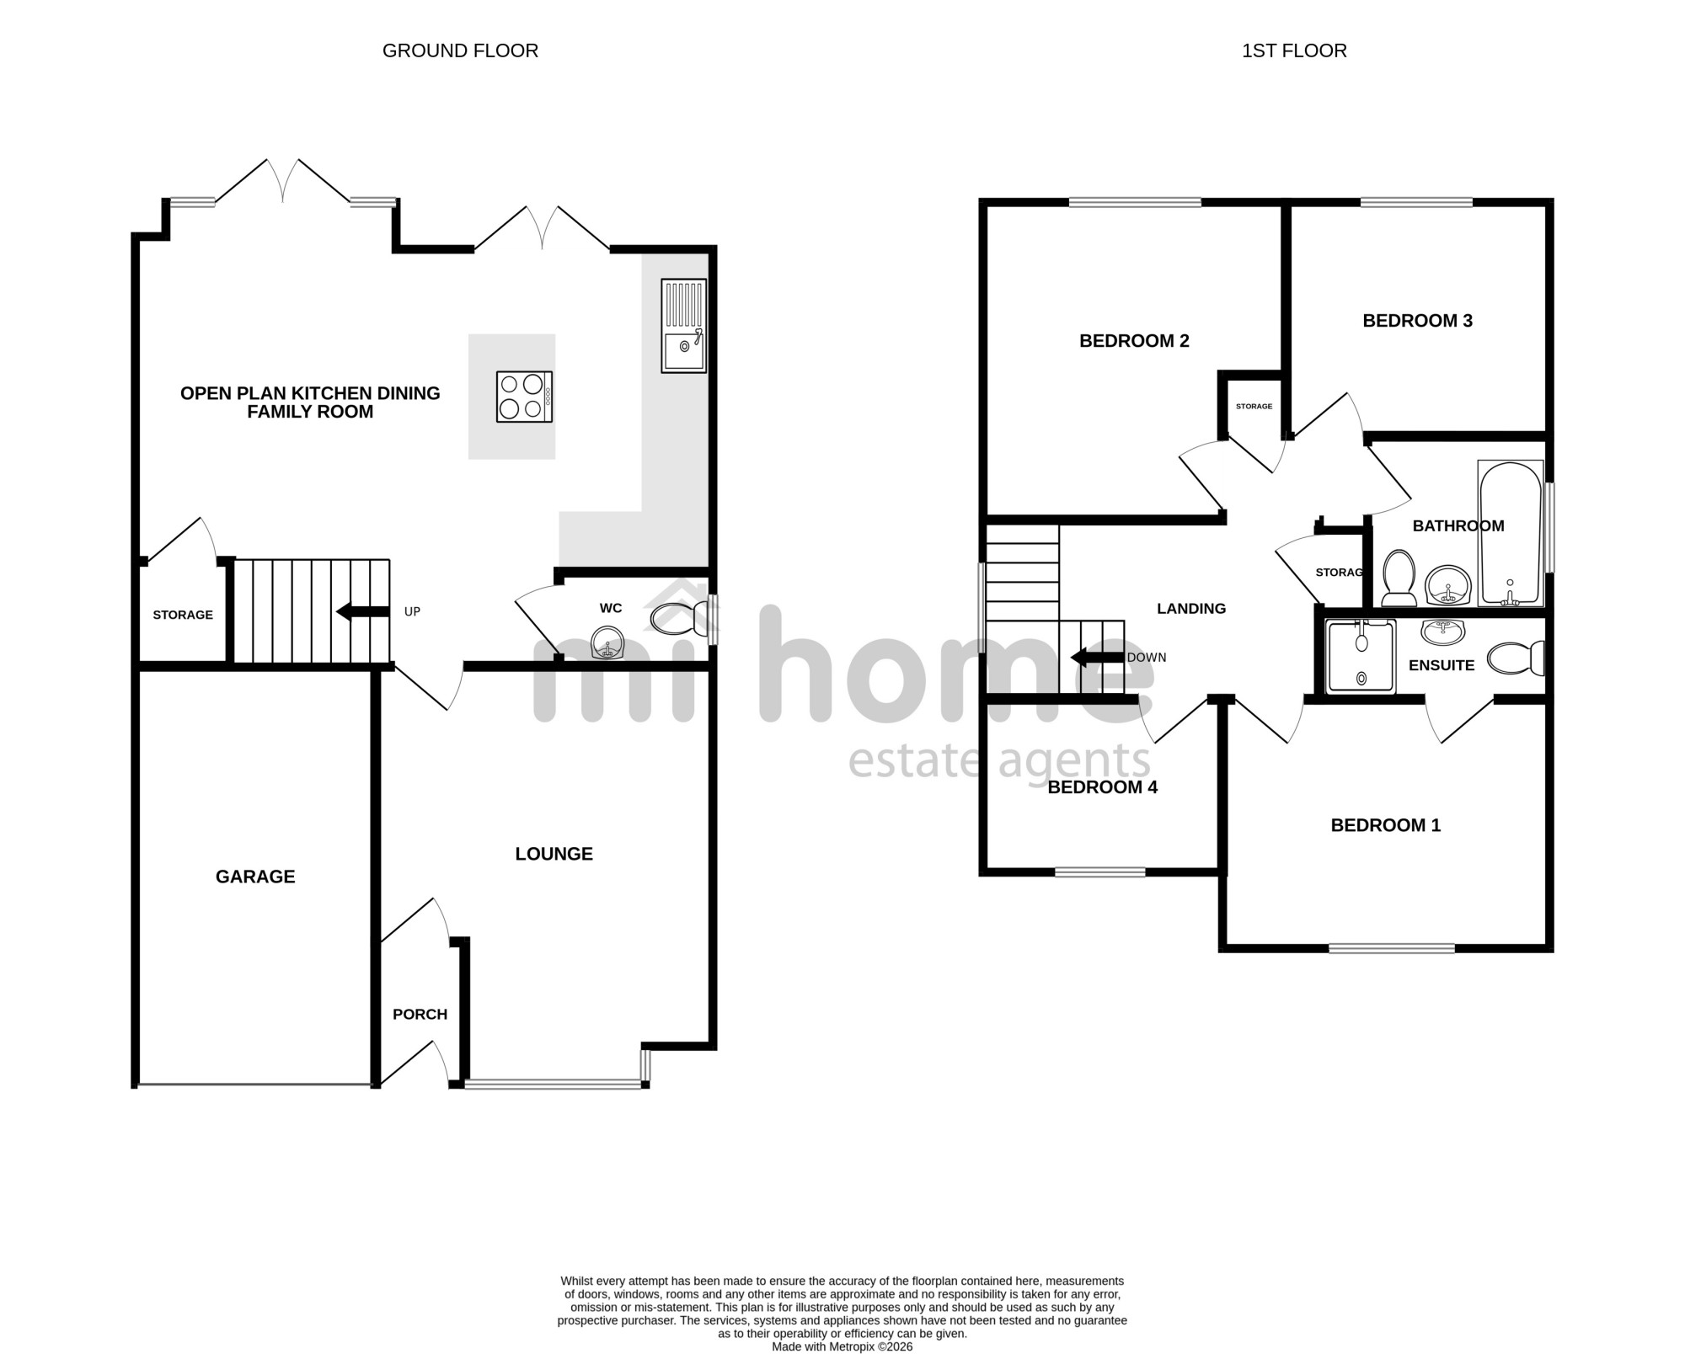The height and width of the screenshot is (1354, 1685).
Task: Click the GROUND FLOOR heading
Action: [x=460, y=51]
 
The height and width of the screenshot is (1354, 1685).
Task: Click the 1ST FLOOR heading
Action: [x=1294, y=51]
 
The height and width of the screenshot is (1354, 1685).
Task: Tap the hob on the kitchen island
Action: [x=524, y=397]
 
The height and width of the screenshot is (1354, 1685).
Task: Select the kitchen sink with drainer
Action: [x=684, y=325]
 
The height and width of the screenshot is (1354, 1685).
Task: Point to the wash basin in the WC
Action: [x=607, y=644]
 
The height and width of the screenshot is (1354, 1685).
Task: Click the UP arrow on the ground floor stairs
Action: [x=363, y=611]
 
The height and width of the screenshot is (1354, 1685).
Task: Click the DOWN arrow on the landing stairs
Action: [x=1097, y=657]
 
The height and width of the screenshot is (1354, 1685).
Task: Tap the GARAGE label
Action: [x=255, y=877]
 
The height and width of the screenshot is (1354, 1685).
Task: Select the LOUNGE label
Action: [x=554, y=854]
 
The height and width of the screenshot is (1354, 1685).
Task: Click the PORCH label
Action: [x=420, y=1014]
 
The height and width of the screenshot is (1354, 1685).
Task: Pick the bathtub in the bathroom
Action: [x=1511, y=533]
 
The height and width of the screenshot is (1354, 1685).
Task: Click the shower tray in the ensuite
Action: [x=1361, y=657]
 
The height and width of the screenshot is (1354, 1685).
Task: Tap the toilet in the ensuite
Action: [x=1516, y=658]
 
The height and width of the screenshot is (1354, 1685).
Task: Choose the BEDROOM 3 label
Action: [x=1417, y=321]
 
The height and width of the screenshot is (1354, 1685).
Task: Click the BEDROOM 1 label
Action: [x=1386, y=825]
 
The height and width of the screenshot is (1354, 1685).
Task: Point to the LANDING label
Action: [x=1191, y=608]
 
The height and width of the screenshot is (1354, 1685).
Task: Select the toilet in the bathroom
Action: [x=1399, y=578]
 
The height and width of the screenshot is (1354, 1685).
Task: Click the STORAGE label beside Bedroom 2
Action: [x=1254, y=406]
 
